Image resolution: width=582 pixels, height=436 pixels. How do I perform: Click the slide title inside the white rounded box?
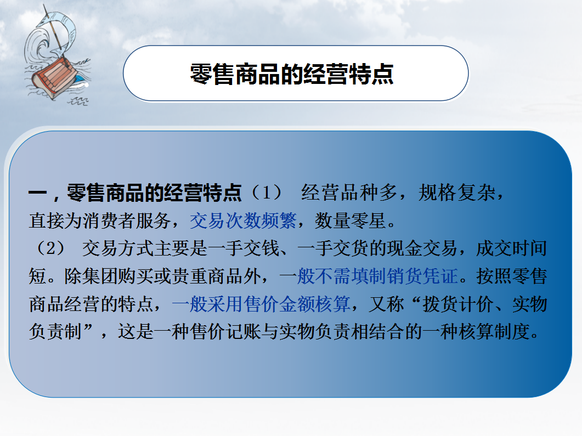[x=292, y=73]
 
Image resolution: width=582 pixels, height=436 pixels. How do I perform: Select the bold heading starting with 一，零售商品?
[x=135, y=192]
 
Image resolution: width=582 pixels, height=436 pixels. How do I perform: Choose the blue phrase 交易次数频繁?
[x=243, y=220]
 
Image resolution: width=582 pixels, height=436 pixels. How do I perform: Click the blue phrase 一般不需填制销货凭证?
[x=369, y=276]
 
